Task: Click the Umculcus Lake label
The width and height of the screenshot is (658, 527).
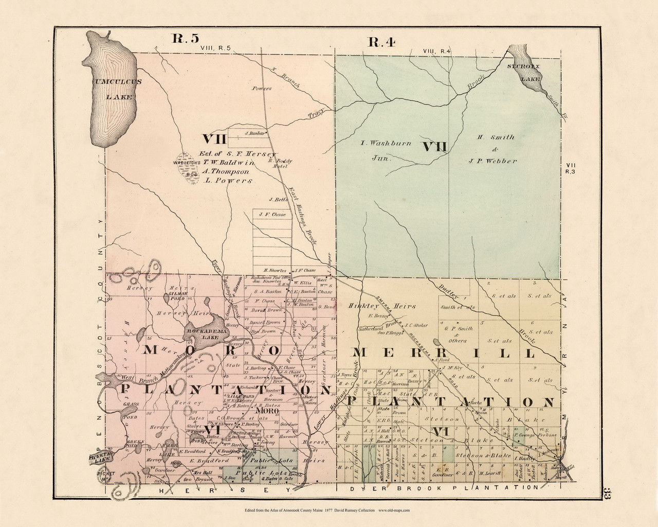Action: pos(113,89)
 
